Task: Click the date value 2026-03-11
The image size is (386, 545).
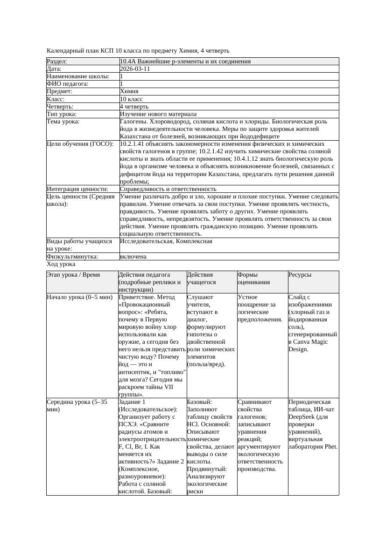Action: tap(134, 69)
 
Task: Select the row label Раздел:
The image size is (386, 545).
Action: tap(57, 61)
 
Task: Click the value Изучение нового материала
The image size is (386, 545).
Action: tap(158, 114)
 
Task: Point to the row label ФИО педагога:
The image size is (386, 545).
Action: tap(68, 84)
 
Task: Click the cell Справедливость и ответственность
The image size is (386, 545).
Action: tap(168, 189)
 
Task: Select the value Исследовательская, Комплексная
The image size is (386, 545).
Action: tap(166, 241)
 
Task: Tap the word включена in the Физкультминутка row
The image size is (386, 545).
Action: tap(133, 257)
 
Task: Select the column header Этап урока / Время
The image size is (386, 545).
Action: tap(73, 275)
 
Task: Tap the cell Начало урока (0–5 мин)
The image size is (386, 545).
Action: tap(80, 297)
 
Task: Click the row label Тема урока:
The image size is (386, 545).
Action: tap(63, 122)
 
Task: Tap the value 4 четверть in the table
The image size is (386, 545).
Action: tap(134, 107)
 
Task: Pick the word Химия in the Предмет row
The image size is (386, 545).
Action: tap(129, 91)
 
